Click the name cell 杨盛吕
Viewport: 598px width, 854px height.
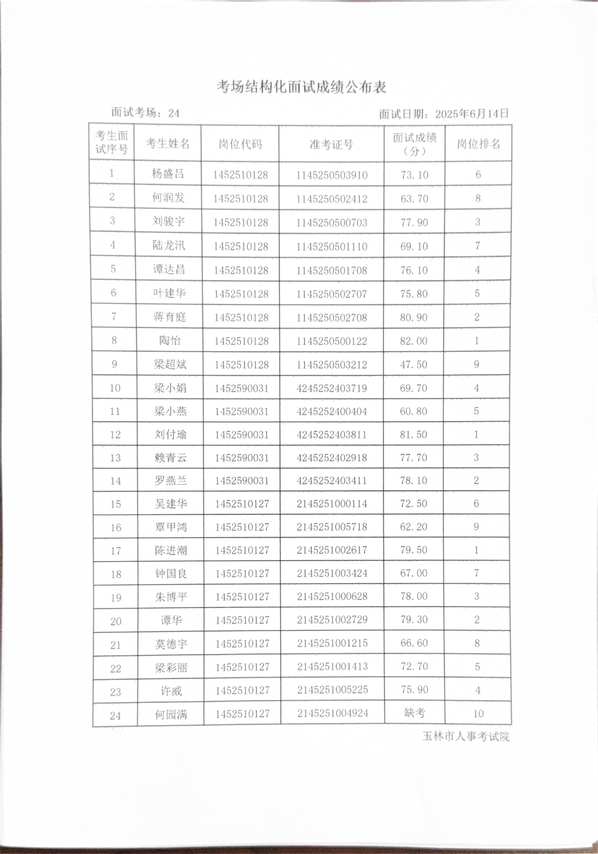[x=168, y=174]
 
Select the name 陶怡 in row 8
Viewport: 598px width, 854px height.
[x=170, y=340]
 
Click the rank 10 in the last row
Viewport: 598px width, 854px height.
[x=478, y=713]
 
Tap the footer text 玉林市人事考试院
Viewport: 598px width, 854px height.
[x=466, y=736]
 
